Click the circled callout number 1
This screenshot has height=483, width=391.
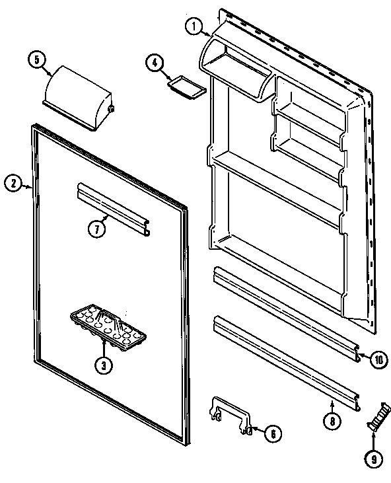193,26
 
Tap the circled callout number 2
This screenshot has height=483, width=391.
13,184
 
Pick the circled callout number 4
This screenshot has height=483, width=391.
153,63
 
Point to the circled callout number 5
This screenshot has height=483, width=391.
36,60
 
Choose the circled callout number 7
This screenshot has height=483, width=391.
96,229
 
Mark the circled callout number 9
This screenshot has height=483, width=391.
373,455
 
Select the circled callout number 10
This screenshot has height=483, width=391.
377,360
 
